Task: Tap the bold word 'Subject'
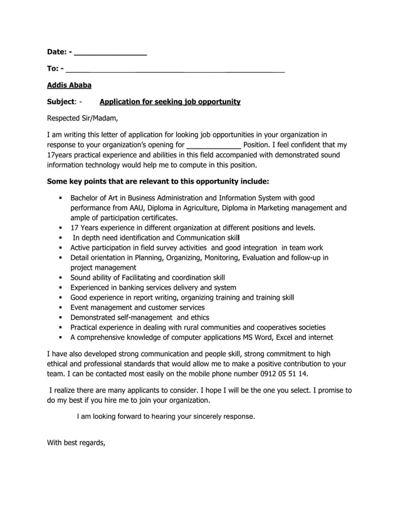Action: pyautogui.click(x=61, y=101)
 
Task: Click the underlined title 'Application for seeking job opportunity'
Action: pyautogui.click(x=170, y=101)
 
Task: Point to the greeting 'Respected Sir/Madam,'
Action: pyautogui.click(x=82, y=118)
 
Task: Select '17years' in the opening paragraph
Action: pyautogui.click(x=61, y=155)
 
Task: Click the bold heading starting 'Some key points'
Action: pyautogui.click(x=158, y=181)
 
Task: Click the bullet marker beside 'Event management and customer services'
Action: pyautogui.click(x=60, y=307)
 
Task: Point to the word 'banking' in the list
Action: pyautogui.click(x=130, y=287)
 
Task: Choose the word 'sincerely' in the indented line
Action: pyautogui.click(x=206, y=416)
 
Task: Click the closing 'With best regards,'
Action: pyautogui.click(x=76, y=443)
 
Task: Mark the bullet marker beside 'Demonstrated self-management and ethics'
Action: pyautogui.click(x=60, y=317)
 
